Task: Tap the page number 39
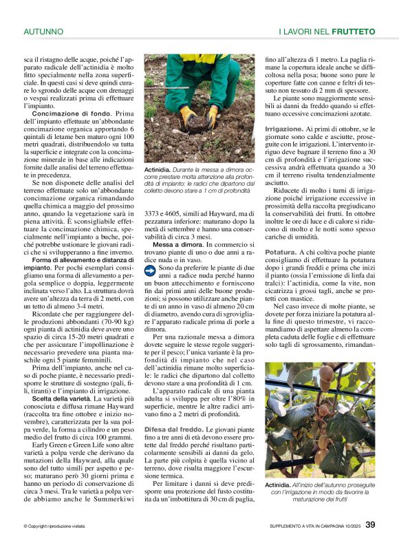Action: click(370, 525)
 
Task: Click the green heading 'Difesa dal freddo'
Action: click(173, 428)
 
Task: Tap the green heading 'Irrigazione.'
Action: click(288, 129)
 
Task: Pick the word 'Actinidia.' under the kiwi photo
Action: click(281, 486)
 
